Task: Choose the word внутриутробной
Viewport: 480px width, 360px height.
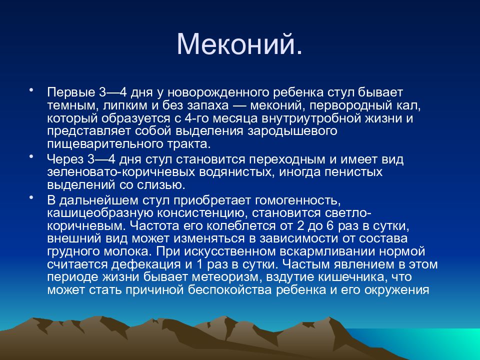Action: click(307, 118)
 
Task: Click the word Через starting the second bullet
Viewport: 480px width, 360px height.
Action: click(65, 159)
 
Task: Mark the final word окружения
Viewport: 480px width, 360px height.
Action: click(396, 290)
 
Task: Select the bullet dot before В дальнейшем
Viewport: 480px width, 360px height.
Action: click(30, 198)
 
